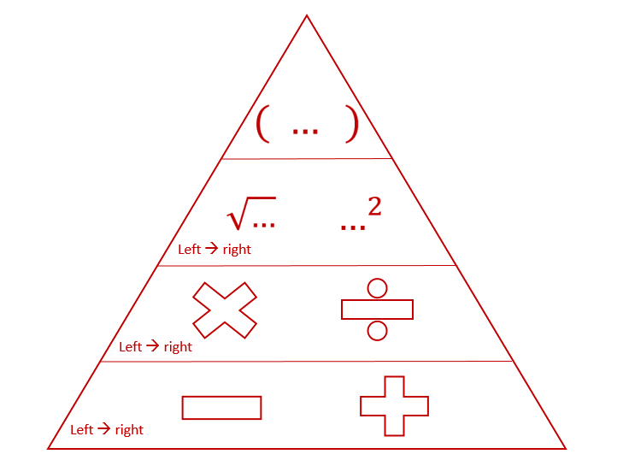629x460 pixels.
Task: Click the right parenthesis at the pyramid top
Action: [x=351, y=127]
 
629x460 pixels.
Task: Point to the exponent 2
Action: [x=374, y=207]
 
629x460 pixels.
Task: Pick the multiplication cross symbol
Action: [x=225, y=309]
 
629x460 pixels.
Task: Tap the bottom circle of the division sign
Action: [x=377, y=330]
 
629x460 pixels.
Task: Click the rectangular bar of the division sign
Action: [x=377, y=309]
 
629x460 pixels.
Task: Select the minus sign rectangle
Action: [x=221, y=408]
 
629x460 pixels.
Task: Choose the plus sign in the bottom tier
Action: [x=394, y=406]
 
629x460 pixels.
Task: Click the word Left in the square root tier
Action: [x=189, y=250]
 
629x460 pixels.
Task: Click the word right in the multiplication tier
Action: [x=178, y=347]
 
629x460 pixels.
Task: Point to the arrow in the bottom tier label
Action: [x=103, y=429]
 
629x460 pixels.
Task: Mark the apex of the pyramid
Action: [x=307, y=15]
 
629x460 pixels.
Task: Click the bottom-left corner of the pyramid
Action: [x=47, y=448]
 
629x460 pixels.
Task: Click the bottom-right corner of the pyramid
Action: [x=566, y=448]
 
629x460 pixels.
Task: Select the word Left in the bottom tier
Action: [x=81, y=429]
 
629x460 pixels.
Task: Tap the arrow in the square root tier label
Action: [x=211, y=250]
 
